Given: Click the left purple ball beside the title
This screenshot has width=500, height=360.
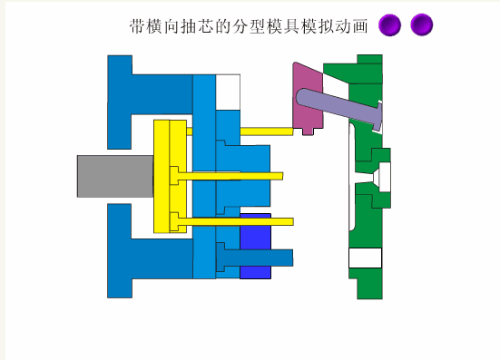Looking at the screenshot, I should point(390,25).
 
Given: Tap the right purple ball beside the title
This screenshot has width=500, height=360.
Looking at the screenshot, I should point(422,25).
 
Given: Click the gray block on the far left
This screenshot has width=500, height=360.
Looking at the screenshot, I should point(114,175).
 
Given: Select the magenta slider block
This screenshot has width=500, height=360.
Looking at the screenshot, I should point(308,96).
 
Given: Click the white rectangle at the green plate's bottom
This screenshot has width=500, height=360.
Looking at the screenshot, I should point(366,258).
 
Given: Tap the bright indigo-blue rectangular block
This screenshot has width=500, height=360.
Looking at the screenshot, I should point(255,234).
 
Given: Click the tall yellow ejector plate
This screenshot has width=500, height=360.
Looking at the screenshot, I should point(163,177).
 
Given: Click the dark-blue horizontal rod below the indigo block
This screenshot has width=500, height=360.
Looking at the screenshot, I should point(263,258).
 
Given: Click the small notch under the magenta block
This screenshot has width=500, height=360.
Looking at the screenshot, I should point(308,131).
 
